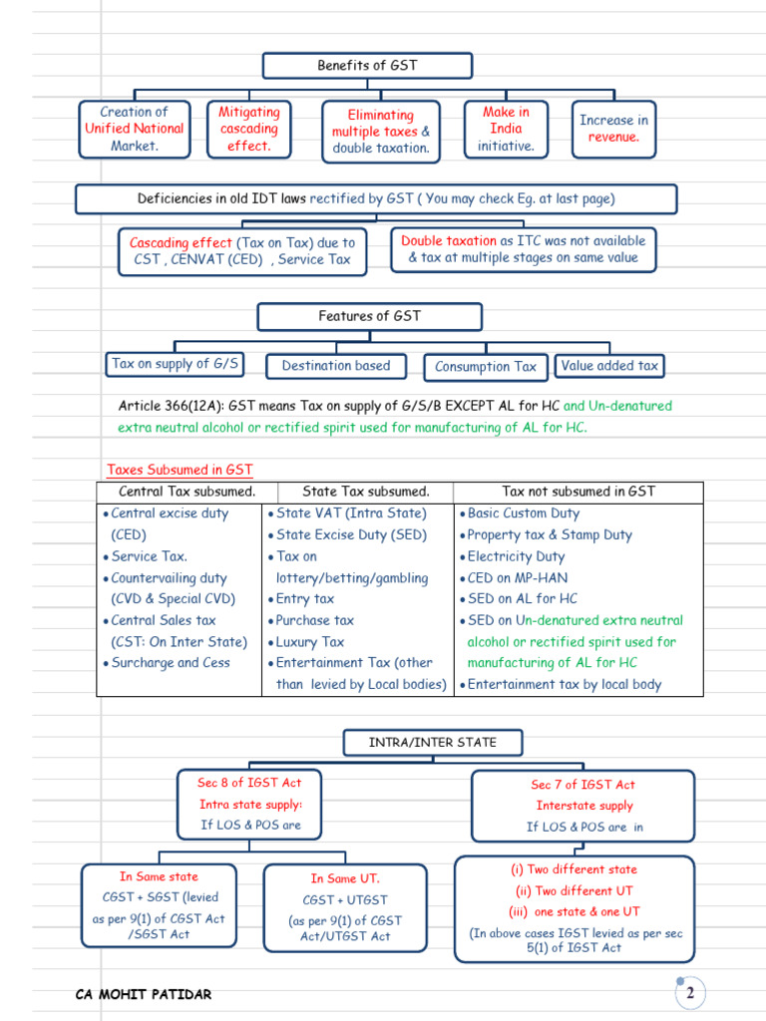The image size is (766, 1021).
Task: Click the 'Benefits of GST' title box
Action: pyautogui.click(x=367, y=66)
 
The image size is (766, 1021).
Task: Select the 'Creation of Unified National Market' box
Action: pyautogui.click(x=135, y=129)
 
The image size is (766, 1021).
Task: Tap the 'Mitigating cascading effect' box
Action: pyautogui.click(x=249, y=129)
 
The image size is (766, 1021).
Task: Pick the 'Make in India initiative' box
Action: pyautogui.click(x=506, y=129)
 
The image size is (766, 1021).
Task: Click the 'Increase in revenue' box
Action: pyautogui.click(x=613, y=129)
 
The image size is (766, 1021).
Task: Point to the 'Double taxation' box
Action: pyautogui.click(x=523, y=249)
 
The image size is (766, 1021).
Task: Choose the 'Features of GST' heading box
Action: pyautogui.click(x=369, y=316)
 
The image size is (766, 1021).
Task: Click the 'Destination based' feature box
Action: pyautogui.click(x=335, y=366)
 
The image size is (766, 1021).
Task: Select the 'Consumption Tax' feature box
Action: pyautogui.click(x=486, y=367)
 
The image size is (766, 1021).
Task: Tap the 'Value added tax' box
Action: pyautogui.click(x=609, y=366)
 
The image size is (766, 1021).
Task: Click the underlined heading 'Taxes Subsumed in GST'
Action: pyautogui.click(x=181, y=470)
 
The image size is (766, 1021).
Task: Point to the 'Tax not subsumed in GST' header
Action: pyautogui.click(x=578, y=492)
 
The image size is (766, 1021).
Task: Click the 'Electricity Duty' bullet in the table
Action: pyautogui.click(x=516, y=556)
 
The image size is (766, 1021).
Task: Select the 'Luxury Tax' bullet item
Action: pyautogui.click(x=309, y=642)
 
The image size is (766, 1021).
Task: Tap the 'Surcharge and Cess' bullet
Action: pyautogui.click(x=170, y=663)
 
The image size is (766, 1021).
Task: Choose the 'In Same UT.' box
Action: pyautogui.click(x=345, y=906)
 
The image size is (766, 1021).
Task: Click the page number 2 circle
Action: pyautogui.click(x=689, y=993)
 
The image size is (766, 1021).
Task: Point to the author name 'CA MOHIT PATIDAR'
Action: pyautogui.click(x=144, y=994)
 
